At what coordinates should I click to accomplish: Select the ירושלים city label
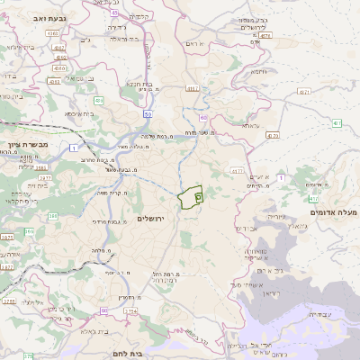click(152, 220)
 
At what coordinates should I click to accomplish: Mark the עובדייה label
click(319, 315)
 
